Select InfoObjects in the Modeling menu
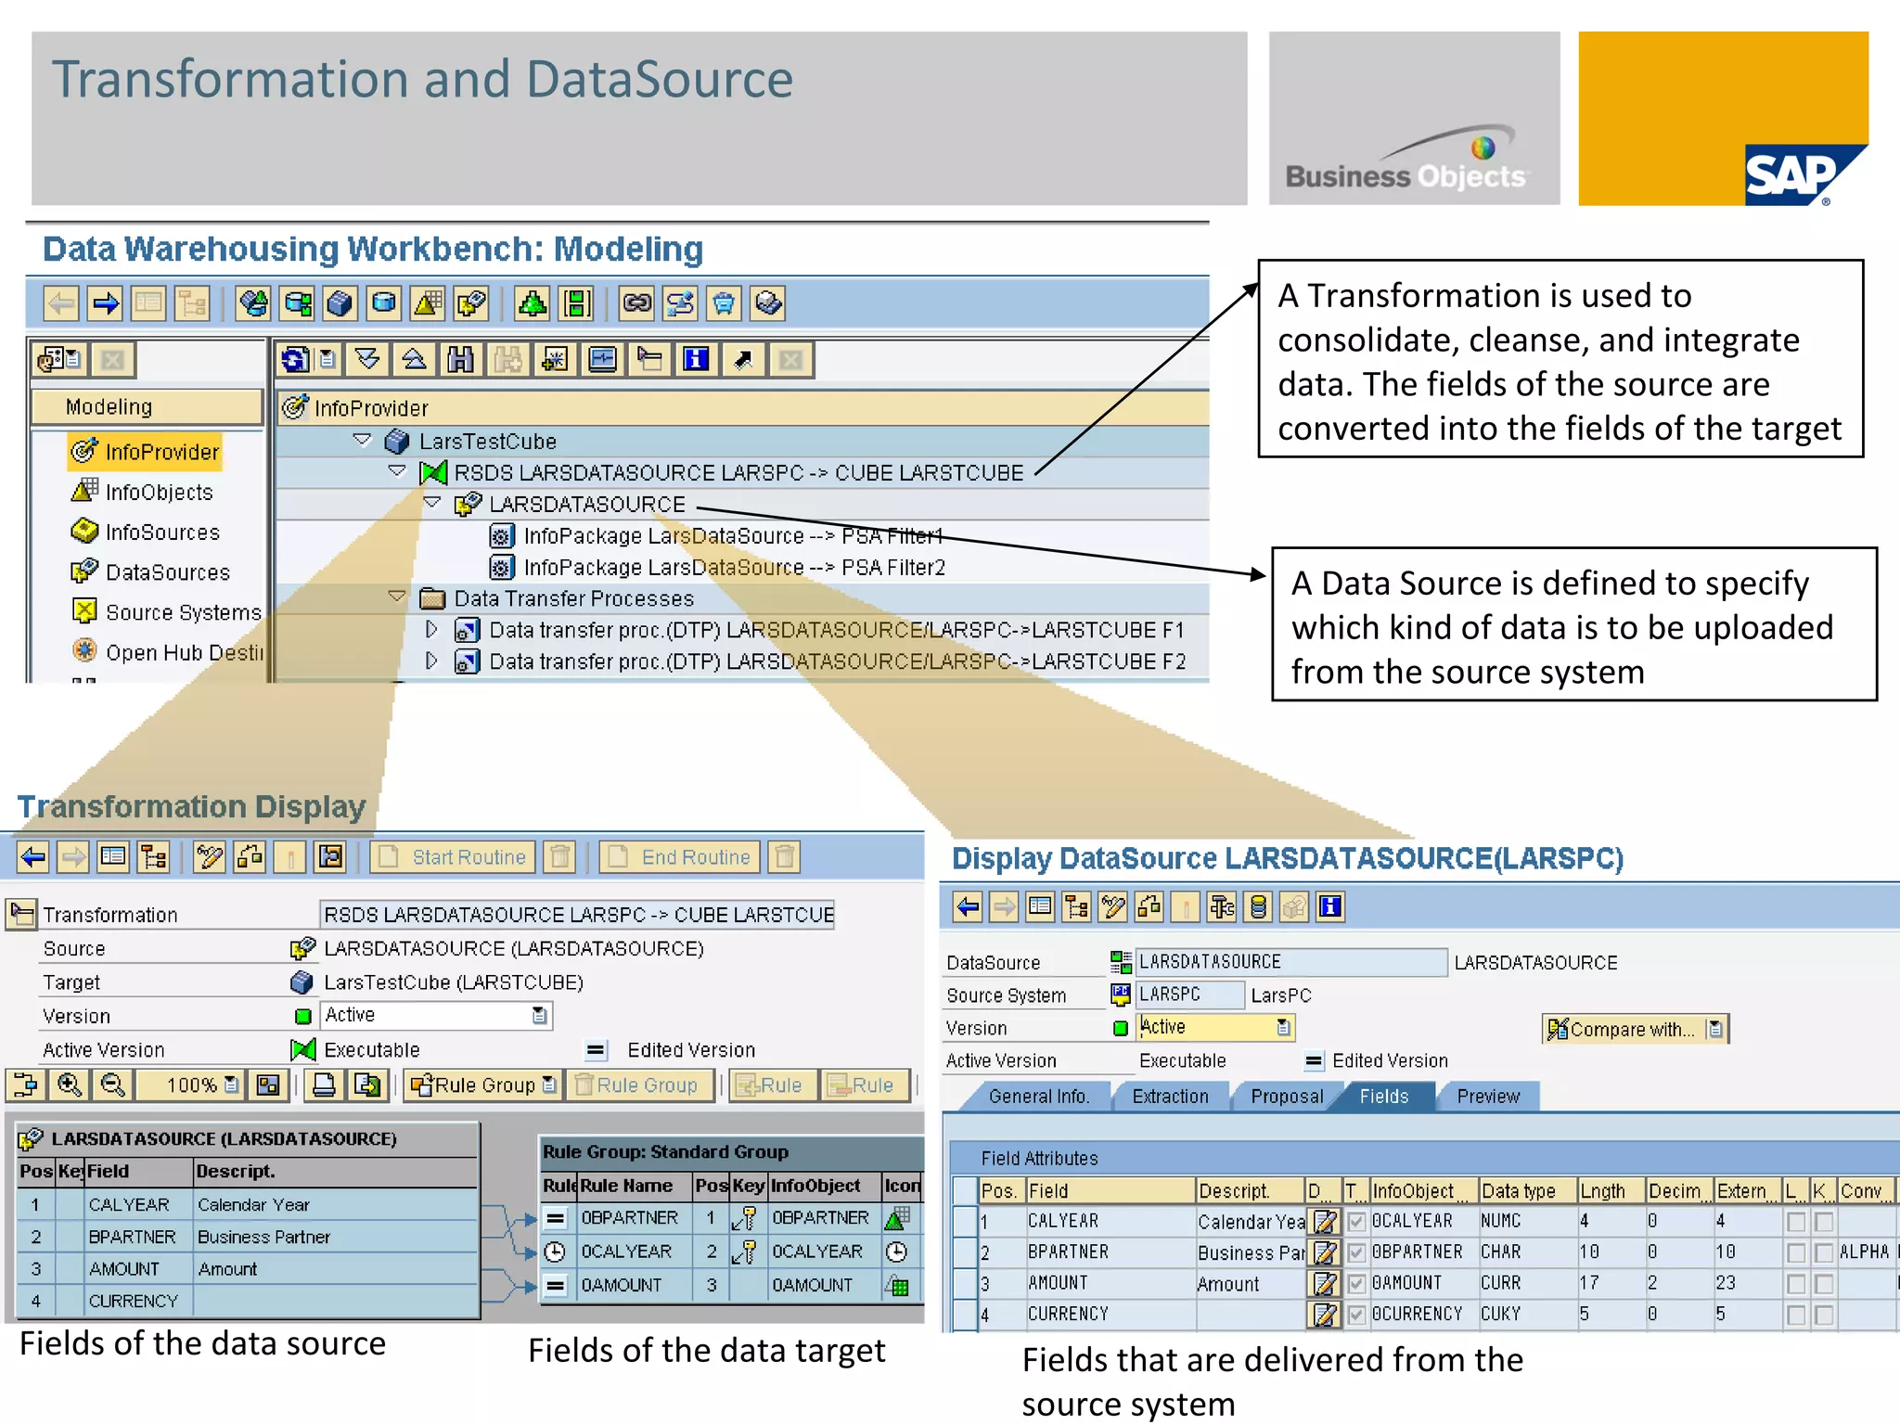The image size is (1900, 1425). point(159,493)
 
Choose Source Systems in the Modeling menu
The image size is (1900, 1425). point(183,613)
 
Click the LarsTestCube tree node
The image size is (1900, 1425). point(487,442)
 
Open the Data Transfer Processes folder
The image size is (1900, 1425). point(573,599)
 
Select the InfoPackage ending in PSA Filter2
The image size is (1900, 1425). point(734,568)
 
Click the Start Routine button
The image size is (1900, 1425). point(454,857)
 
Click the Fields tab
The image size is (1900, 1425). point(1383,1097)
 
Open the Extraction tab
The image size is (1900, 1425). point(1170,1097)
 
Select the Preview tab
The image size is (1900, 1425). point(1487,1097)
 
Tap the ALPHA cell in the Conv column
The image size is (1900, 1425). point(1864,1252)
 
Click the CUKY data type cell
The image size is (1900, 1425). point(1500,1314)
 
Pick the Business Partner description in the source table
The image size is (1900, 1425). point(263,1238)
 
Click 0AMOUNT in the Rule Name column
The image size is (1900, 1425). point(622,1285)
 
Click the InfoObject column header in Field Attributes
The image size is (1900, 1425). point(1413,1191)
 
